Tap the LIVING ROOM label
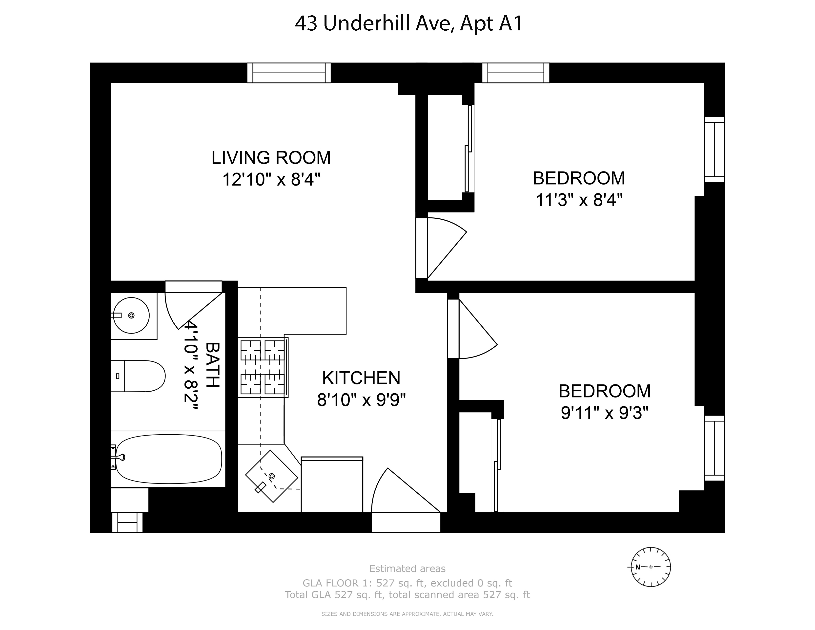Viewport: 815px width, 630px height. click(x=271, y=158)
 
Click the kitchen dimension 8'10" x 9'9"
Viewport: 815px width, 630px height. click(x=361, y=400)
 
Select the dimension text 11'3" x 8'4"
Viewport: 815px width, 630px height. click(x=579, y=200)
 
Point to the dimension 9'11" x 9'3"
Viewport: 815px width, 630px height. click(x=605, y=413)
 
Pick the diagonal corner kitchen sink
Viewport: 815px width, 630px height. click(x=271, y=476)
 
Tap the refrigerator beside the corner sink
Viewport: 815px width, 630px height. click(x=332, y=485)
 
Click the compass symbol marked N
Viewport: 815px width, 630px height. click(x=651, y=567)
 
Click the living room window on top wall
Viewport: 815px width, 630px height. click(x=289, y=73)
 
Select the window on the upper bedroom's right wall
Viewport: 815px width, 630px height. click(x=714, y=150)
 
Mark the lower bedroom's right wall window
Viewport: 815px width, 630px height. click(x=714, y=448)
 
